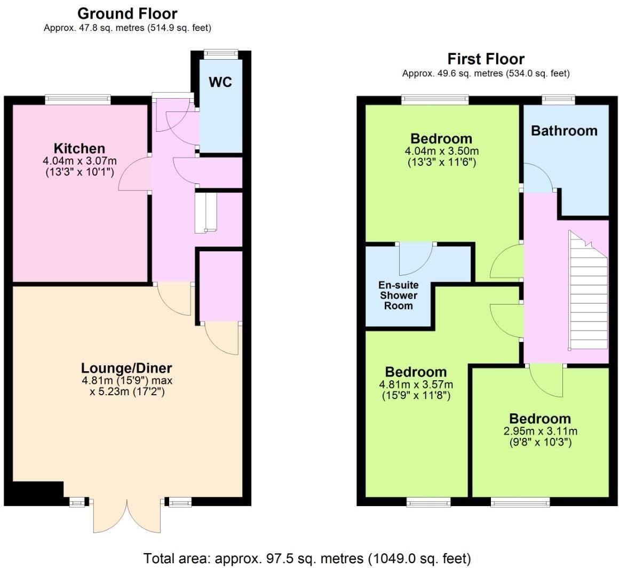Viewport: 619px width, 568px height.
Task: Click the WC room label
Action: tap(220, 82)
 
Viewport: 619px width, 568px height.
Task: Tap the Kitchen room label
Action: tap(80, 148)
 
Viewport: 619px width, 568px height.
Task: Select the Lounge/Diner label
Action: tap(126, 368)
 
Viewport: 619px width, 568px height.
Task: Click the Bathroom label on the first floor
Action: tap(564, 131)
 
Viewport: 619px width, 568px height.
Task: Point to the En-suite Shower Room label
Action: tap(399, 295)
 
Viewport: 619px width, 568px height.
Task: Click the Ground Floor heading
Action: tap(127, 13)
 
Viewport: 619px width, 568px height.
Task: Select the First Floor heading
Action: tap(486, 59)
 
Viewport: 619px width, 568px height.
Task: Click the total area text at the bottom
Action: tap(307, 558)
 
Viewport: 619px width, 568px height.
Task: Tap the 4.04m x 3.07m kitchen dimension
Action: tap(80, 160)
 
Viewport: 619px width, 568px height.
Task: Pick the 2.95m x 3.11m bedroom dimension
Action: tap(539, 431)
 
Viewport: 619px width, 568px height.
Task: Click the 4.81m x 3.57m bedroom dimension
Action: tap(416, 384)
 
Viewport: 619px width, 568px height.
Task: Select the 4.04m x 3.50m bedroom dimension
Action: tap(441, 151)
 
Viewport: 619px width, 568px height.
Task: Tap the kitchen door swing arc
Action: tap(133, 174)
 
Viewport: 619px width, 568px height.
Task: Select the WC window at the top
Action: tap(221, 53)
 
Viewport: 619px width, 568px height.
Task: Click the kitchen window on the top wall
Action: tap(78, 99)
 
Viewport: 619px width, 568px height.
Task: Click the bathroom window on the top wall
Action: tap(558, 99)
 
